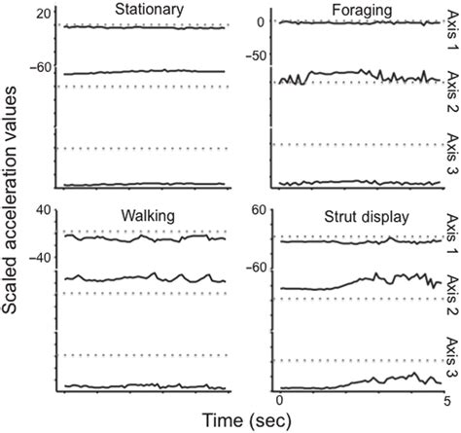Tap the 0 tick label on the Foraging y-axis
[x=260, y=22]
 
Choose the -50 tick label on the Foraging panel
[x=255, y=57]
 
